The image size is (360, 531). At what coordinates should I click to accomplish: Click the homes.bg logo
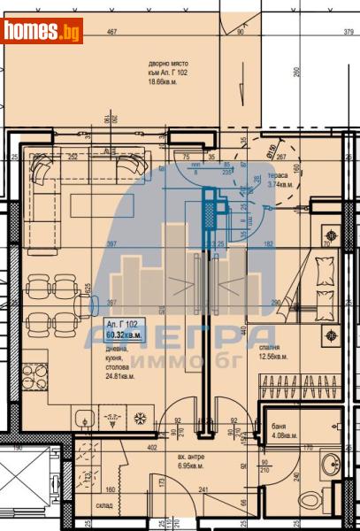pyautogui.click(x=42, y=31)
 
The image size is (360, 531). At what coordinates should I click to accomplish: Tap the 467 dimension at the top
pyautogui.click(x=113, y=33)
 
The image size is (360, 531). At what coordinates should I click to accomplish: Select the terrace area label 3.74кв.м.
pyautogui.click(x=280, y=185)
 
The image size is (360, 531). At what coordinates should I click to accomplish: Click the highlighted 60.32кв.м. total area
pyautogui.click(x=125, y=335)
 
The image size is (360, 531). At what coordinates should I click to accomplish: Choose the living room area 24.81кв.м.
pyautogui.click(x=124, y=374)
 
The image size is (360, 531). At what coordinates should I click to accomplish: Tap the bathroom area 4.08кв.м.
pyautogui.click(x=282, y=435)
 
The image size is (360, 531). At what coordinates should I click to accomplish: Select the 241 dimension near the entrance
pyautogui.click(x=203, y=489)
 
